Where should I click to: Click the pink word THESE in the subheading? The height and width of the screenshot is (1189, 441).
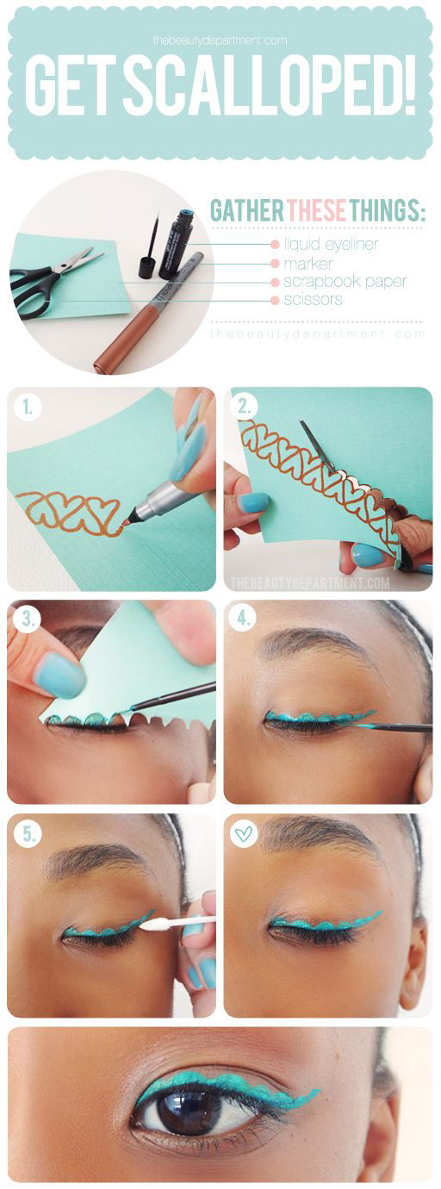[317, 211]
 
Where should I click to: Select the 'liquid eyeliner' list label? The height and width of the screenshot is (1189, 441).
[331, 244]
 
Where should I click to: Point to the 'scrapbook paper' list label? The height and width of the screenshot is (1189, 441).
[345, 281]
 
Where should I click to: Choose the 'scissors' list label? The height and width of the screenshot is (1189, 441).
[313, 299]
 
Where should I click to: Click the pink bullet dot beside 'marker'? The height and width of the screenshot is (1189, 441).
[275, 264]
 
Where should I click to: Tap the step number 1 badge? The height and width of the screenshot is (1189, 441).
[27, 408]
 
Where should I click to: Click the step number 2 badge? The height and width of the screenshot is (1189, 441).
[244, 408]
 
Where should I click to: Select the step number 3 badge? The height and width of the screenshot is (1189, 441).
[27, 619]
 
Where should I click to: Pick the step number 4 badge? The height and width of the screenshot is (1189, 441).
[244, 619]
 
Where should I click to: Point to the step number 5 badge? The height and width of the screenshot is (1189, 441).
[27, 834]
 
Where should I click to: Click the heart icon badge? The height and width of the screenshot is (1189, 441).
[244, 834]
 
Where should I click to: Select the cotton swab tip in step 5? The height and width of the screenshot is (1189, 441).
[153, 924]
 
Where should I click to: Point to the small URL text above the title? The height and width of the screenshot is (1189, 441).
[220, 40]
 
